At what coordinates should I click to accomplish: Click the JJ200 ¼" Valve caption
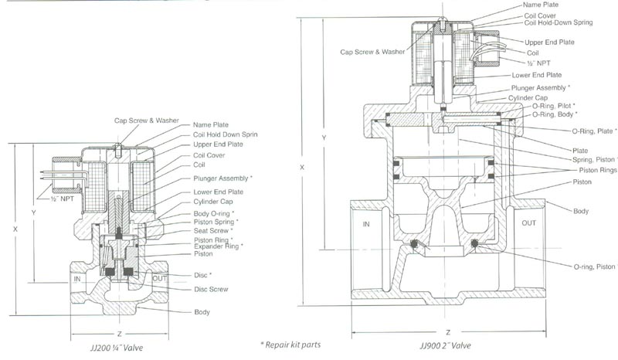tap(117, 348)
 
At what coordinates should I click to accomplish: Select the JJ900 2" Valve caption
tap(445, 346)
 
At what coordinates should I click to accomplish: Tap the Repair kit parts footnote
tap(290, 345)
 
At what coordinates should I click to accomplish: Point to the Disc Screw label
tap(211, 289)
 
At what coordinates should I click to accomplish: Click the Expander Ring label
tap(218, 246)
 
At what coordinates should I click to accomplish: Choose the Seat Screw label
tap(213, 231)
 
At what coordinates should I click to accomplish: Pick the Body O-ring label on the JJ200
tap(214, 214)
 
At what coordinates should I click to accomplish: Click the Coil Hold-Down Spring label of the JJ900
tap(558, 22)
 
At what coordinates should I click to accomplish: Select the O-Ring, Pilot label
tap(553, 106)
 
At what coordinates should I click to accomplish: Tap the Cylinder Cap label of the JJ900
tap(528, 98)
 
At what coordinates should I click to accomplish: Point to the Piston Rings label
tap(597, 170)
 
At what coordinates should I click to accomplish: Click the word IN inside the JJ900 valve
tap(366, 224)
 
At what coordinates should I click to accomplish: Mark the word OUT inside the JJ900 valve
tap(528, 222)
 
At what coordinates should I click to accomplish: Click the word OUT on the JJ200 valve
tap(160, 279)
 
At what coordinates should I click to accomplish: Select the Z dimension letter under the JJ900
tap(448, 332)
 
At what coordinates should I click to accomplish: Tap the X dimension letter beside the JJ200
tap(15, 229)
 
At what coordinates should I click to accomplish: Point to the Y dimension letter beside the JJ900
tap(324, 138)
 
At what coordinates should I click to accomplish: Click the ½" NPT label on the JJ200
tap(63, 199)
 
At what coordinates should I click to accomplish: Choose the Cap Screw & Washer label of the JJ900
tap(372, 52)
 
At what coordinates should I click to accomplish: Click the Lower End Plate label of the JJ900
tap(536, 75)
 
